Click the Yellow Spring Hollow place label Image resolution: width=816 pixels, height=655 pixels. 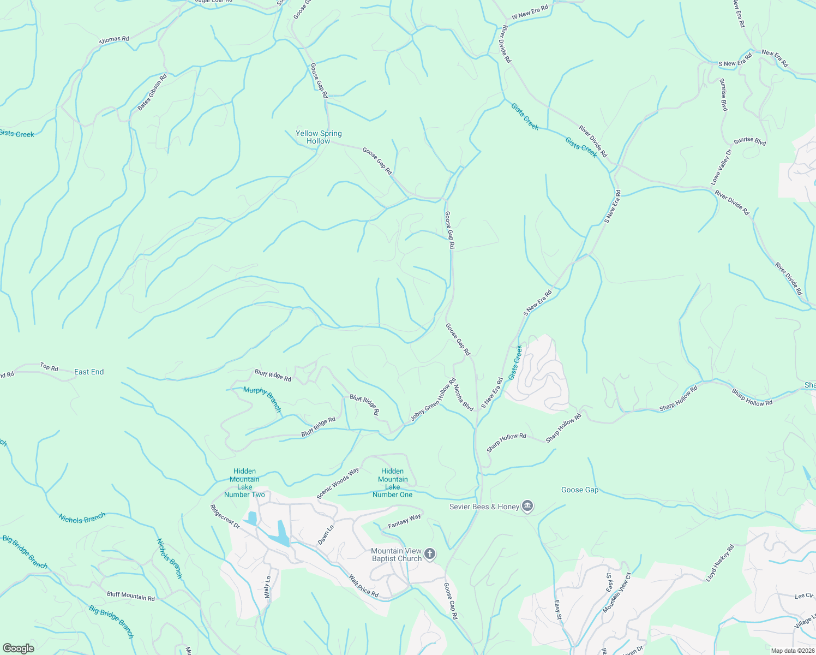click(x=319, y=137)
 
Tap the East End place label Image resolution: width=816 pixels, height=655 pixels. click(x=89, y=372)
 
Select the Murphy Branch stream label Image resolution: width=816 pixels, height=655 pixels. click(x=262, y=399)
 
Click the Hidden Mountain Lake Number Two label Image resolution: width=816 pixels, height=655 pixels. click(x=244, y=483)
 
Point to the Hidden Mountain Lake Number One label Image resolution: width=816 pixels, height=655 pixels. click(x=393, y=483)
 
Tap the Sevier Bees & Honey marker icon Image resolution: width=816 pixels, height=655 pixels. click(x=527, y=507)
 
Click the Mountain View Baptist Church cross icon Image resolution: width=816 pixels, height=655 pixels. click(x=430, y=555)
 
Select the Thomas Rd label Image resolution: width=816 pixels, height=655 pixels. click(x=114, y=40)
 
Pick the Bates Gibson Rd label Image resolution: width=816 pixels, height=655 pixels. click(x=152, y=92)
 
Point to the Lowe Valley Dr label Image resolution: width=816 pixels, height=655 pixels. click(x=721, y=166)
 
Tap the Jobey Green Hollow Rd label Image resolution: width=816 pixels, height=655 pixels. click(x=433, y=400)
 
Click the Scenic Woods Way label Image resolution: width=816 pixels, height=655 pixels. click(x=338, y=483)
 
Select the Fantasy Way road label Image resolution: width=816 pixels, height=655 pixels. click(x=404, y=522)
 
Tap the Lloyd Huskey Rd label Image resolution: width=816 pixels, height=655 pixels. click(x=720, y=563)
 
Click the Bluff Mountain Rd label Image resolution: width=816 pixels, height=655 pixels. click(x=131, y=596)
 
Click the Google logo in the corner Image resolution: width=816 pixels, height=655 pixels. click(x=18, y=648)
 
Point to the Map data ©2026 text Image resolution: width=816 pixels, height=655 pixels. click(x=792, y=651)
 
